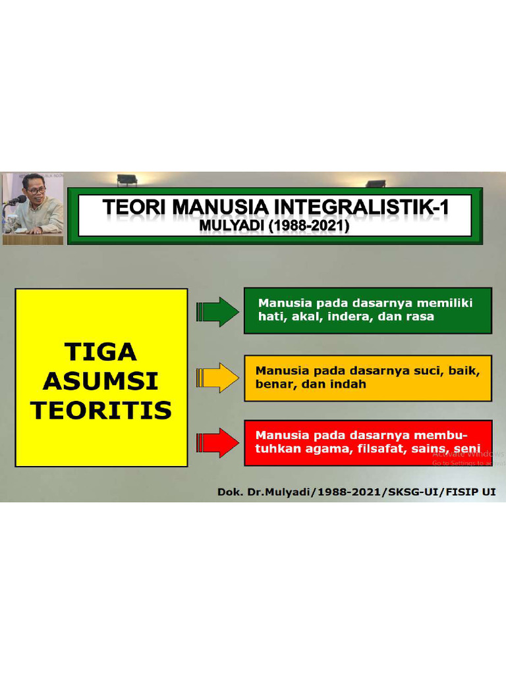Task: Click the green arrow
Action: coord(218,311)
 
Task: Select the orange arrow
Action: coord(218,378)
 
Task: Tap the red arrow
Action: coord(218,442)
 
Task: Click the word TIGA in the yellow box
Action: coord(101,352)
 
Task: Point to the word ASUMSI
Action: coord(101,381)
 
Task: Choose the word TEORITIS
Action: coord(101,410)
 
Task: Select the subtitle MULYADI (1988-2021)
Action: coord(275,225)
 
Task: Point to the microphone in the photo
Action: coord(18,200)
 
